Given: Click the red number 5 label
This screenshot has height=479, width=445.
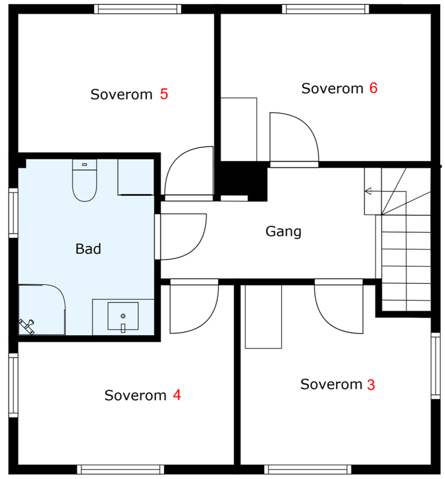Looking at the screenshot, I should coord(164,94).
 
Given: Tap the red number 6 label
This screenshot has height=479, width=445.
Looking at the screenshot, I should coord(373,88).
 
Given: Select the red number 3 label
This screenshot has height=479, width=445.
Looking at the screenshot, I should coord(370,385).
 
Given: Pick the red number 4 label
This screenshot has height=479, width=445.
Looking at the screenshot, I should coord(176,395).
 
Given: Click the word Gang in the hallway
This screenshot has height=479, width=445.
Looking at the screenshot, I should coord(283,232).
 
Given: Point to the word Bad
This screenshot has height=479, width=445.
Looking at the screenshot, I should coord(88,249).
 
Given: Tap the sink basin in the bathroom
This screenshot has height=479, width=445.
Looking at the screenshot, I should coord(122,317).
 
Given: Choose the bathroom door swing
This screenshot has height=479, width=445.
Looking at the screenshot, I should coord(181,236).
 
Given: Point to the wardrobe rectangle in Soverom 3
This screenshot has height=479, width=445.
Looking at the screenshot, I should coord(262,317).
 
